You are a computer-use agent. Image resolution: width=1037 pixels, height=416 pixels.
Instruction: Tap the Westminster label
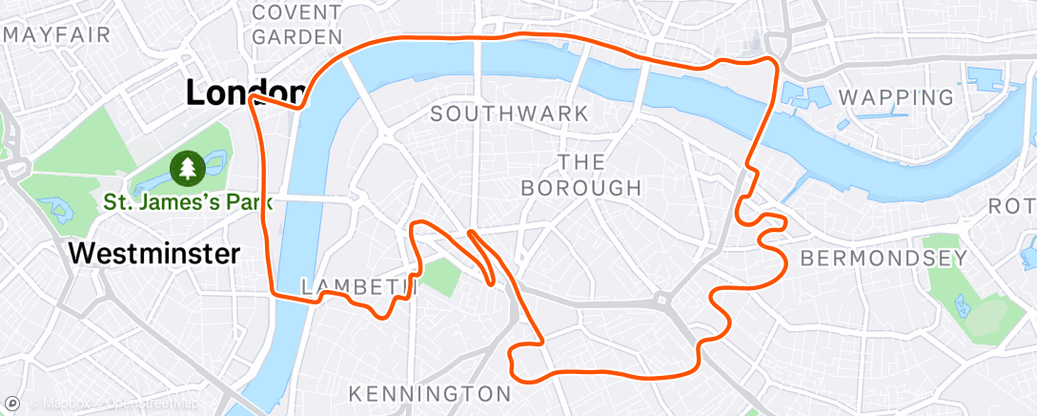tap(153, 255)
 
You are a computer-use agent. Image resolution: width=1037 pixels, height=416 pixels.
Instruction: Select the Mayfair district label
tap(57, 35)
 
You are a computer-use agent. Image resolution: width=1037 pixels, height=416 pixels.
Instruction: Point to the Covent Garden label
tap(298, 25)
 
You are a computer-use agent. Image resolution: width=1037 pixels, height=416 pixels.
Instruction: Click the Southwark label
tap(509, 114)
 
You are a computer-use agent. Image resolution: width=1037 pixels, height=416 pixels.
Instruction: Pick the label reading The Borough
tap(581, 175)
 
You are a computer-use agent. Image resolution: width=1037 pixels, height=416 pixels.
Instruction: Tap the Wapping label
tap(895, 96)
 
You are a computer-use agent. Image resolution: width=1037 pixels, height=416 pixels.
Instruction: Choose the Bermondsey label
tap(884, 258)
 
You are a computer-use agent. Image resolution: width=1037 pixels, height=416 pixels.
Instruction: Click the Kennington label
tap(430, 393)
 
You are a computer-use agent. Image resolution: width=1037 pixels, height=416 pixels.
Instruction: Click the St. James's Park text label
tap(189, 202)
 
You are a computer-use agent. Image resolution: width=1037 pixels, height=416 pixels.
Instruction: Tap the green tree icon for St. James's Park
tap(188, 169)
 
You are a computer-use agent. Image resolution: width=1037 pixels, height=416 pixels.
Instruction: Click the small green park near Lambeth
tap(439, 276)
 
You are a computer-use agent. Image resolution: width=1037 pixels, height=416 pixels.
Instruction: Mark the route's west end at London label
tap(251, 98)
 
